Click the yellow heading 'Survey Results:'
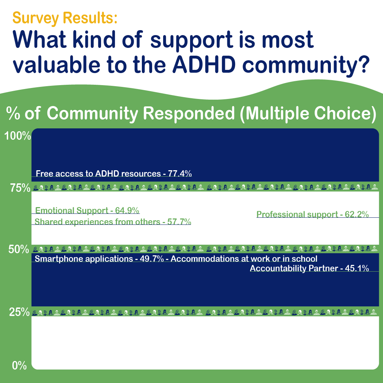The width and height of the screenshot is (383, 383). click(65, 18)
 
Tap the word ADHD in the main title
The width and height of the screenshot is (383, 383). click(204, 65)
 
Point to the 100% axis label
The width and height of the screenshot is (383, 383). click(18, 136)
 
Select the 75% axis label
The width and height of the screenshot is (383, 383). click(20, 188)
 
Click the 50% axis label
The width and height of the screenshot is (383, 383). click(19, 249)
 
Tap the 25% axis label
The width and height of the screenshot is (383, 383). click(19, 312)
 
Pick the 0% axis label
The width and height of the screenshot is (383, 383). click(19, 366)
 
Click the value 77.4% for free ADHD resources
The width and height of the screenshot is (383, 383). click(180, 173)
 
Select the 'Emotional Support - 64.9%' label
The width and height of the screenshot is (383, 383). click(87, 210)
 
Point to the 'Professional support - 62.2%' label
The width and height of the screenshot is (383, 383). click(312, 214)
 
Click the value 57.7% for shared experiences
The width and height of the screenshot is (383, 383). click(179, 222)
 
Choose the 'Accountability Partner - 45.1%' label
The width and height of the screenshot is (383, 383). click(309, 268)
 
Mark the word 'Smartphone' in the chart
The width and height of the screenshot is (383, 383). click(59, 259)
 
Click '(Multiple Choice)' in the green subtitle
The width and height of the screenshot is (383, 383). click(308, 113)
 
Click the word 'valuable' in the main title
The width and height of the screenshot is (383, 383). click(56, 65)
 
